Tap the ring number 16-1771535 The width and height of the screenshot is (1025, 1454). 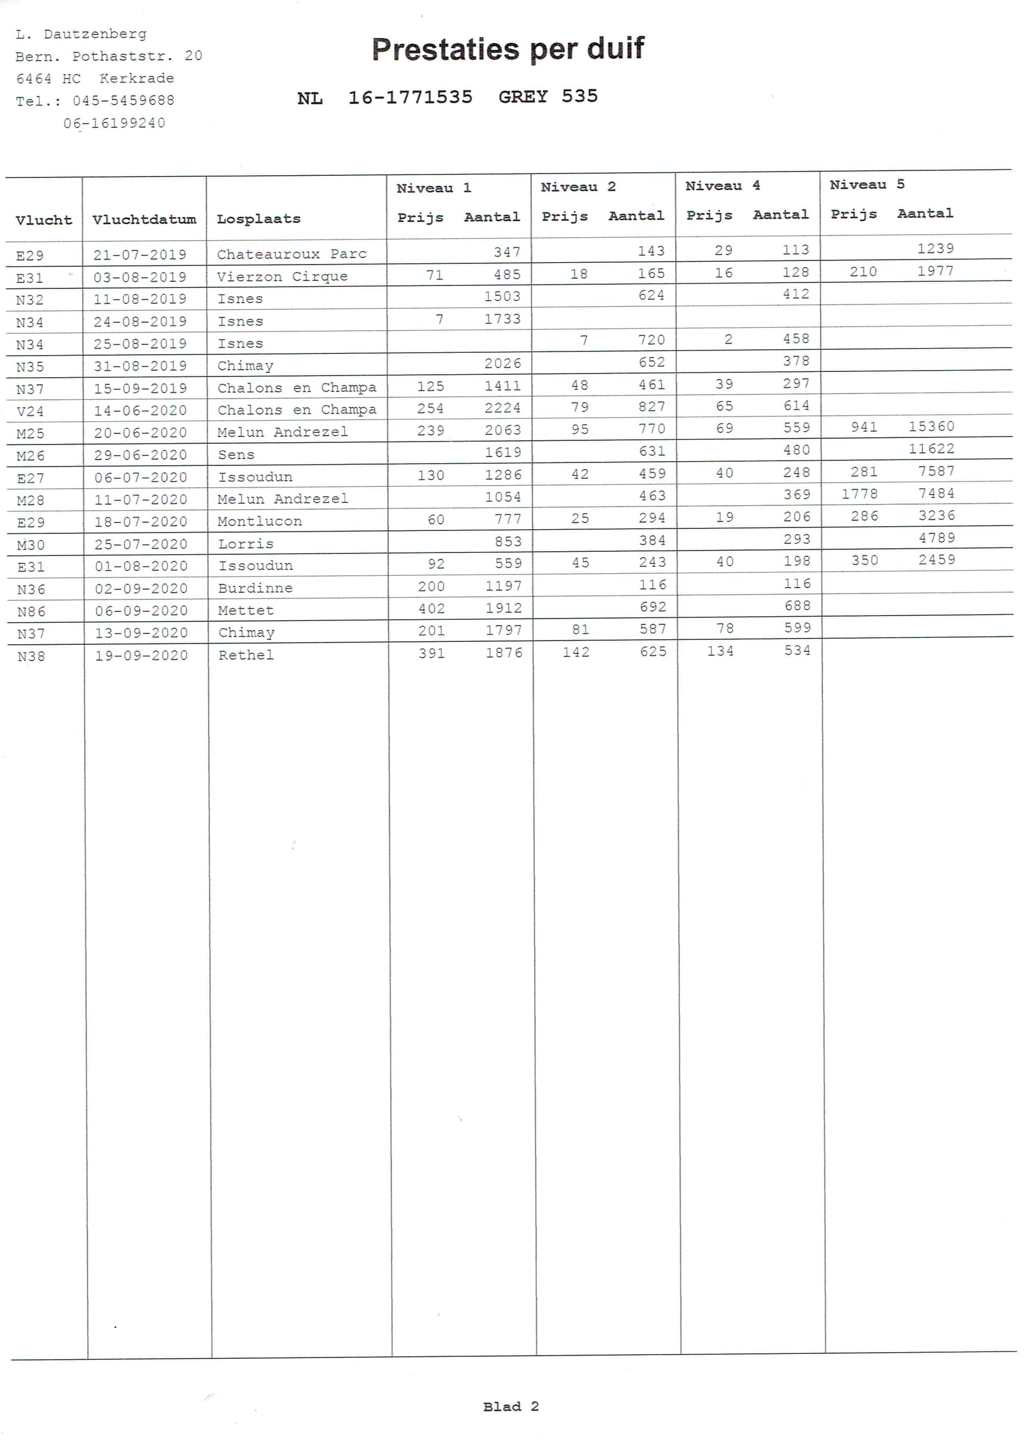pyautogui.click(x=410, y=97)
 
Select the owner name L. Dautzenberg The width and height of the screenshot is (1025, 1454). pyautogui.click(x=81, y=33)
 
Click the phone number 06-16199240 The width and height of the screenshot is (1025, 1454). pyautogui.click(x=114, y=123)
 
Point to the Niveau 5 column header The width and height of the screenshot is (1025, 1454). pyautogui.click(x=866, y=184)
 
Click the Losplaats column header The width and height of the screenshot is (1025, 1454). pyautogui.click(x=259, y=219)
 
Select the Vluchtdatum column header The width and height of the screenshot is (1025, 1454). pyautogui.click(x=144, y=220)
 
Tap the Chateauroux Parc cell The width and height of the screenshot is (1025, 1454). pyautogui.click(x=291, y=254)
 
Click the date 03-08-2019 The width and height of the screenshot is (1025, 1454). pyautogui.click(x=140, y=276)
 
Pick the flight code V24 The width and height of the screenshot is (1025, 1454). pyautogui.click(x=30, y=411)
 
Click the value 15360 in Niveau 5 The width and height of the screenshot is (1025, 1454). pyautogui.click(x=931, y=426)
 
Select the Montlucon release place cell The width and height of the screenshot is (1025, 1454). pyautogui.click(x=260, y=521)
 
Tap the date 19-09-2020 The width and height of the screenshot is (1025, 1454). pyautogui.click(x=141, y=655)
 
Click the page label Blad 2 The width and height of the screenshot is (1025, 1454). pyautogui.click(x=511, y=1406)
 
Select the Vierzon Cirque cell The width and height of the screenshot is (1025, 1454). pyautogui.click(x=282, y=276)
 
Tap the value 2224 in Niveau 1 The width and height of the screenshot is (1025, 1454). pyautogui.click(x=502, y=408)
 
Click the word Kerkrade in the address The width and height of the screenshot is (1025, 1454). pyautogui.click(x=136, y=79)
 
